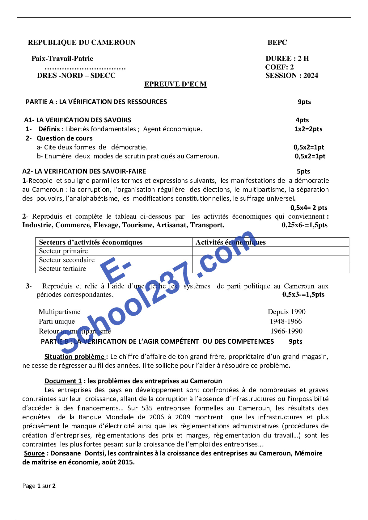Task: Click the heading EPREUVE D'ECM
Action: [x=175, y=84]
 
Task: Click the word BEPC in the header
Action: [x=277, y=43]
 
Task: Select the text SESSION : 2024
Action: [x=291, y=76]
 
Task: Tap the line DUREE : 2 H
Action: [x=287, y=59]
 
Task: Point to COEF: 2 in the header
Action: [x=279, y=67]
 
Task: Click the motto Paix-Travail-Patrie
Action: [x=62, y=59]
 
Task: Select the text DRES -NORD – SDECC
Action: [x=76, y=76]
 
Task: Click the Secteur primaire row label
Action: [x=63, y=251]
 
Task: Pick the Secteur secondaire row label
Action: [x=67, y=260]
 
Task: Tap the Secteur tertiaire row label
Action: [x=62, y=269]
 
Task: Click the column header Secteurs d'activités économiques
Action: [x=91, y=242]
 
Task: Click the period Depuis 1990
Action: [x=286, y=312]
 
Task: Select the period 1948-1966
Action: [x=286, y=321]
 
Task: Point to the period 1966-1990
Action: [x=286, y=331]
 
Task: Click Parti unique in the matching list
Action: [x=57, y=321]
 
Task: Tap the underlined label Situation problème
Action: [x=75, y=357]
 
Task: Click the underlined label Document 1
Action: [x=63, y=381]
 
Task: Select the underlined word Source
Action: [x=34, y=453]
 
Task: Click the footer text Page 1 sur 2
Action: [x=39, y=486]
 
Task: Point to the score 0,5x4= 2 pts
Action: [x=309, y=208]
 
